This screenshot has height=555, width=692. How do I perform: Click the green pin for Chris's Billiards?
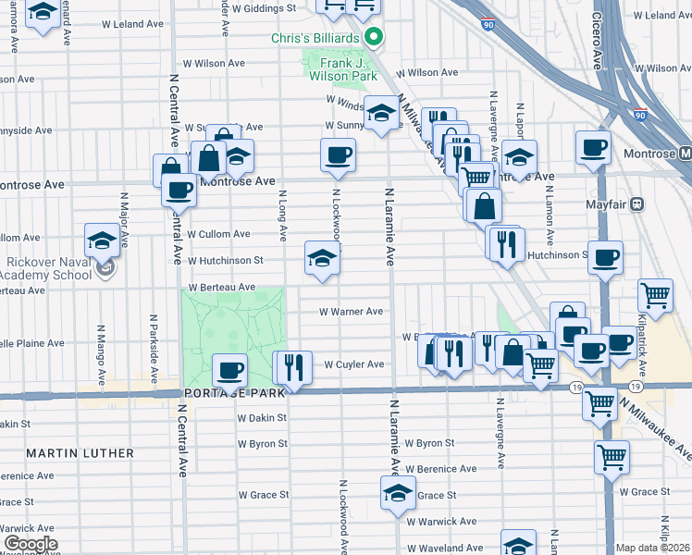[x=374, y=38]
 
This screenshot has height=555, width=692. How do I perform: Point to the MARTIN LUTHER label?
[x=80, y=453]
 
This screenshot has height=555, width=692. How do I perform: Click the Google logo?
[x=30, y=544]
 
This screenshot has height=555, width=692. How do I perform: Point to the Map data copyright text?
[x=653, y=548]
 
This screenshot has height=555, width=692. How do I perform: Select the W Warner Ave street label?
[x=351, y=312]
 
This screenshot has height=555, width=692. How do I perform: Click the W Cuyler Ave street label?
[x=353, y=364]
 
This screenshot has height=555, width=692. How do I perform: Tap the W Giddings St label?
[x=263, y=7]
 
